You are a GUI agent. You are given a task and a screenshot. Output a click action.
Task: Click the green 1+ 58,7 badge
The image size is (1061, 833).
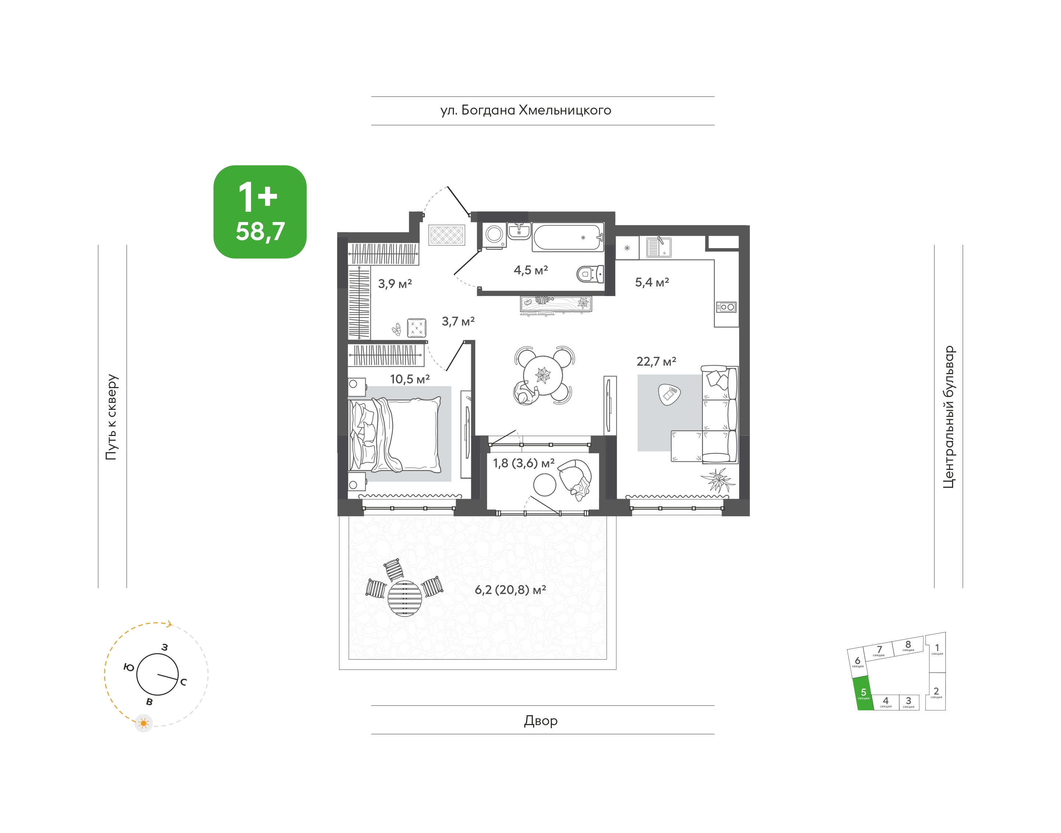260,212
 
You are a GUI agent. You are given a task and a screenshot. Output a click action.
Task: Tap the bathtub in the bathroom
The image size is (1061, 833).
568,238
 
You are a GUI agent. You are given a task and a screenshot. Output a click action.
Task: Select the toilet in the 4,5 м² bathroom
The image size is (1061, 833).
590,274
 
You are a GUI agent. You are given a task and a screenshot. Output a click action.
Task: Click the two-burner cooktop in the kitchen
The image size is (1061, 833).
726,307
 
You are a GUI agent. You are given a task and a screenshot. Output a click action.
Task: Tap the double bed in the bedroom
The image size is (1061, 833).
394,434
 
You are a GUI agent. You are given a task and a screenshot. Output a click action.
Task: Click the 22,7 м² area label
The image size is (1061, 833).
656,361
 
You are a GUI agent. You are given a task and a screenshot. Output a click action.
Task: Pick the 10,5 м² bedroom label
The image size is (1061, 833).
410,379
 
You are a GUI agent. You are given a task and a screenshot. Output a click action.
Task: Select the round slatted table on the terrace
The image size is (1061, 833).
405,598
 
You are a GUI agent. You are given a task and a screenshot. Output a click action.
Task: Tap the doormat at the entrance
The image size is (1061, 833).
447,235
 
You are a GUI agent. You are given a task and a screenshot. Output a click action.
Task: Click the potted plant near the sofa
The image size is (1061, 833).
718,480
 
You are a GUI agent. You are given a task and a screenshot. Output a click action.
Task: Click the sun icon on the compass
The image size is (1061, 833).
143,723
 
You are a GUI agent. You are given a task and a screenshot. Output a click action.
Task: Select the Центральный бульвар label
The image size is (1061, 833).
948,417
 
